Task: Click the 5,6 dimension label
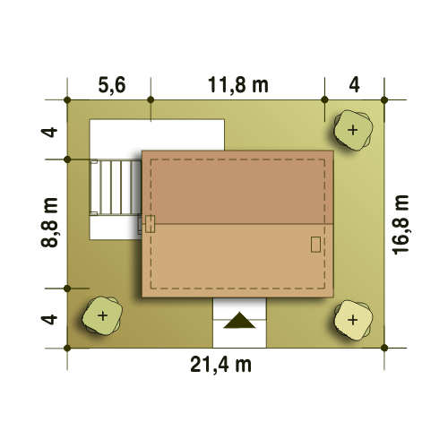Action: (x=112, y=85)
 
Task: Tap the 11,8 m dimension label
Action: (x=238, y=85)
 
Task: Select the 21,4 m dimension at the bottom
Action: (x=221, y=365)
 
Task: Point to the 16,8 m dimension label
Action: (x=401, y=225)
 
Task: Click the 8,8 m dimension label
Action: (x=49, y=222)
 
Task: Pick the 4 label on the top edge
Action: (x=354, y=85)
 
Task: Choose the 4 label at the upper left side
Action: (x=49, y=132)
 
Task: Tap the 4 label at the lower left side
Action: (x=49, y=319)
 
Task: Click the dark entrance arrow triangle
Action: (x=239, y=320)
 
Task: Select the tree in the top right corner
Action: (x=353, y=130)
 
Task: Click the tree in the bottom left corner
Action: (x=102, y=315)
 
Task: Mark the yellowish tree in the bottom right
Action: (x=353, y=320)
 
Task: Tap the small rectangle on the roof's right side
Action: (x=315, y=245)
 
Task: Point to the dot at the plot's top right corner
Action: (x=384, y=99)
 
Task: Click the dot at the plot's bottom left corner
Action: (x=67, y=348)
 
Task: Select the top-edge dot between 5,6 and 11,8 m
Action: (x=151, y=99)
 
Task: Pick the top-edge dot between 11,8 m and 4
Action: (x=324, y=99)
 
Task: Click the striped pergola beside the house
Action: (x=116, y=187)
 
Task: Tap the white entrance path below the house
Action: (x=239, y=323)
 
